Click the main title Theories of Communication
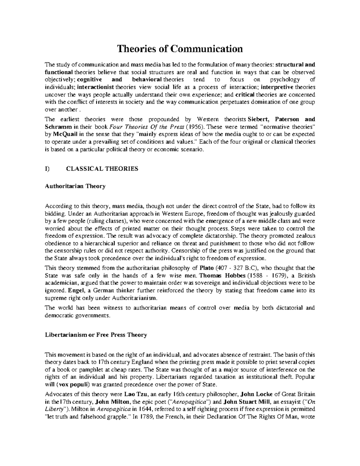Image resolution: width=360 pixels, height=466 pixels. (x=180, y=49)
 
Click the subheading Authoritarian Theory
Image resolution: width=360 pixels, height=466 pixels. (x=75, y=186)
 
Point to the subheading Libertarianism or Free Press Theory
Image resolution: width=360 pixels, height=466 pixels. (x=96, y=335)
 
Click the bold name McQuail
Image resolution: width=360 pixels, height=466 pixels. (x=63, y=134)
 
